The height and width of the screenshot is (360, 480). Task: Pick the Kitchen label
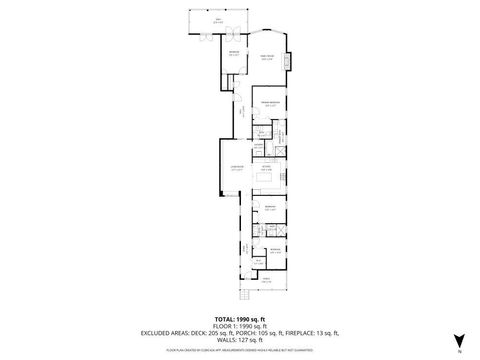tap(267, 169)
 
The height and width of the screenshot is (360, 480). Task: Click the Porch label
tap(266, 281)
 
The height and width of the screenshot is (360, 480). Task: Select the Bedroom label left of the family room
tap(233, 53)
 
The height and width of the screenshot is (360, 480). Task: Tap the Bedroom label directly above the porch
tap(274, 251)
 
